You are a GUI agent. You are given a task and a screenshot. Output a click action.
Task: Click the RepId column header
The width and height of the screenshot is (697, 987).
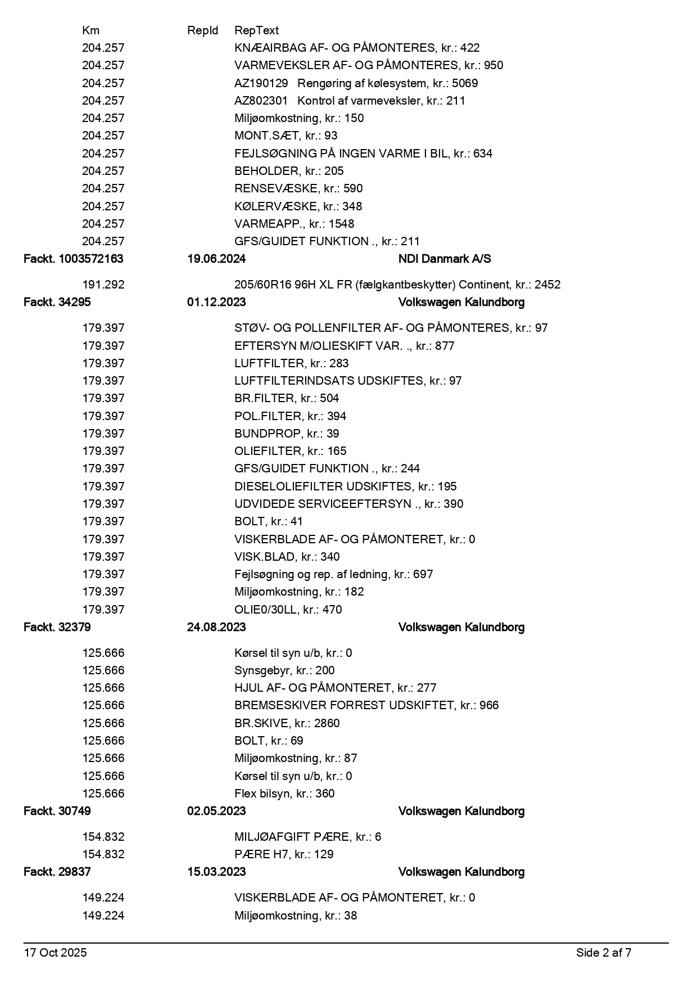tap(202, 30)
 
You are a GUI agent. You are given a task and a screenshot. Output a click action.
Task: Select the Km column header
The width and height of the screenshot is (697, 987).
tap(90, 30)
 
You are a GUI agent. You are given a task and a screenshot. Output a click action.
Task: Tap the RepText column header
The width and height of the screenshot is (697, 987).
tap(256, 30)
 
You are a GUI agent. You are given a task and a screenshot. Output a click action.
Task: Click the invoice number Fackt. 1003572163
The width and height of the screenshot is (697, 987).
tap(73, 259)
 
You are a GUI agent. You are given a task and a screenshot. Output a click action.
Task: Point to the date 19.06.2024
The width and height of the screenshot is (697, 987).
tap(216, 259)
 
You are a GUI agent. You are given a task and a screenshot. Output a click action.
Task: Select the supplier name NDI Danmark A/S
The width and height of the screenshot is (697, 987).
tap(444, 259)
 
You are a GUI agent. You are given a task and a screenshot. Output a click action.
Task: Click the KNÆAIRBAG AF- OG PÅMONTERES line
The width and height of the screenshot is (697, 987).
tap(357, 48)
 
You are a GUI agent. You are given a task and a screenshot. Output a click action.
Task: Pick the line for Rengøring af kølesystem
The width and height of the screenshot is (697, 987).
tap(356, 83)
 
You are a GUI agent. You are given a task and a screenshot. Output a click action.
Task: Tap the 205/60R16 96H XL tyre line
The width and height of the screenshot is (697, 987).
tap(397, 285)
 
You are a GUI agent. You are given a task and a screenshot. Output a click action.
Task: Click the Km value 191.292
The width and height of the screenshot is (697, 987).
tap(103, 285)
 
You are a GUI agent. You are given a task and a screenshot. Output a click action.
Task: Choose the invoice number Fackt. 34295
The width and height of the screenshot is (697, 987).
tap(57, 302)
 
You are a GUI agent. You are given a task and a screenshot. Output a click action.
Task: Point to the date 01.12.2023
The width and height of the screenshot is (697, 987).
tap(216, 302)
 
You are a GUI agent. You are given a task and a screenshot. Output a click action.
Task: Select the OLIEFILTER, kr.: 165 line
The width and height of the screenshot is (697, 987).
tap(290, 451)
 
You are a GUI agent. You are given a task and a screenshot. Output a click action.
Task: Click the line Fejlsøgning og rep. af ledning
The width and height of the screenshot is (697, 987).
tap(333, 574)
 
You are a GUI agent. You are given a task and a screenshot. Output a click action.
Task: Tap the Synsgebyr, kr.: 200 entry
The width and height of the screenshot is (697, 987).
tap(284, 670)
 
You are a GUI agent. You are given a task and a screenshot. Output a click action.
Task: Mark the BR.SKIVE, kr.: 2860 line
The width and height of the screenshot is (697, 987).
tap(287, 723)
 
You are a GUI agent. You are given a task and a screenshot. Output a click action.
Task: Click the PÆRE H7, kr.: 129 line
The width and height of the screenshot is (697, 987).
tap(284, 854)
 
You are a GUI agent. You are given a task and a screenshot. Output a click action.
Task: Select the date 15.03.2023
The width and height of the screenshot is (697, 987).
tap(216, 872)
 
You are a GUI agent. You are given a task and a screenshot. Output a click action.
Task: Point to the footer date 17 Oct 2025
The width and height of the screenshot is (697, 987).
tap(55, 953)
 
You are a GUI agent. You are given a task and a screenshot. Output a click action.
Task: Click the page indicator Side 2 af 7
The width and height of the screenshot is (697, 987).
tap(603, 953)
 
